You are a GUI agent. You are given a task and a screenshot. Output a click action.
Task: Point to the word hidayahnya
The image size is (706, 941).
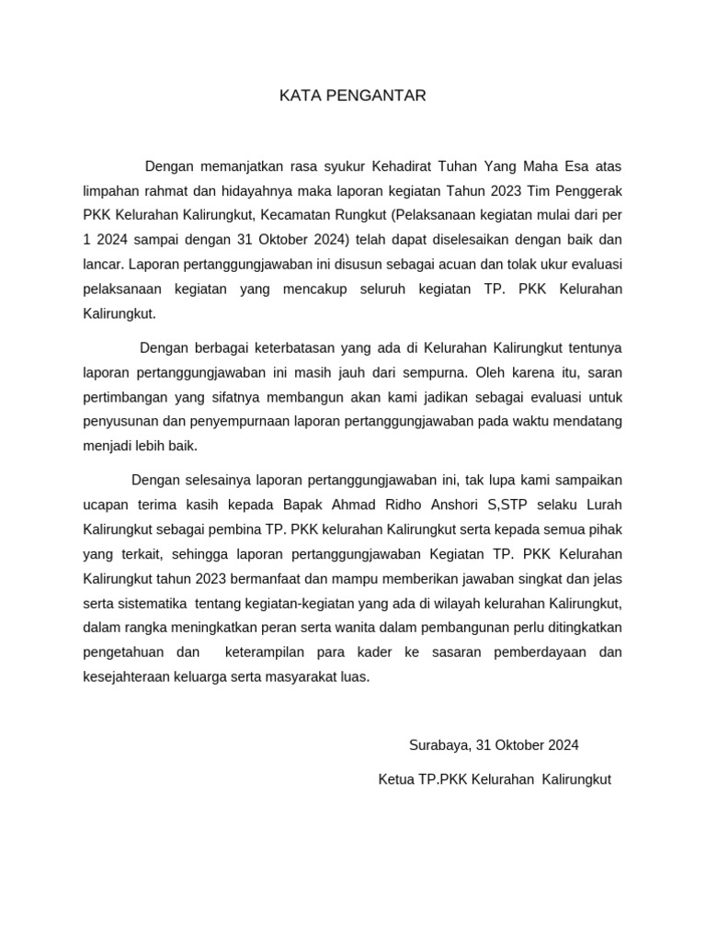click(x=255, y=191)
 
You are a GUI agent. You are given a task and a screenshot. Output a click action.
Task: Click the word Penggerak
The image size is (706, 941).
click(x=589, y=191)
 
